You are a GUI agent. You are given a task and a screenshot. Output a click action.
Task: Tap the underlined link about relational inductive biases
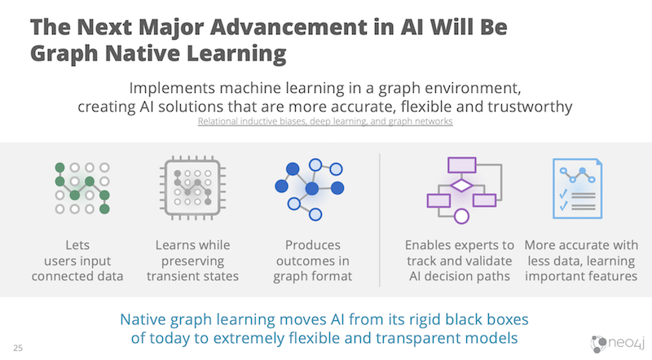pyautogui.click(x=325, y=121)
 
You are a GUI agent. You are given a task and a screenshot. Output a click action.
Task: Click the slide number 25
pyautogui.click(x=18, y=348)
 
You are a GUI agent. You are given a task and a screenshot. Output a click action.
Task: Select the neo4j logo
pyautogui.click(x=618, y=344)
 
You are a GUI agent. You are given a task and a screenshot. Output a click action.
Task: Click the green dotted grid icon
pyautogui.click(x=82, y=188)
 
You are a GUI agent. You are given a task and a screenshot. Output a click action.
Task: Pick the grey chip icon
pyautogui.click(x=192, y=188)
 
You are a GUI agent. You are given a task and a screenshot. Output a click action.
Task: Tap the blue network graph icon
pyautogui.click(x=310, y=189)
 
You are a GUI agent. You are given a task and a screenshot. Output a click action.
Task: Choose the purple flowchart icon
pyautogui.click(x=465, y=190)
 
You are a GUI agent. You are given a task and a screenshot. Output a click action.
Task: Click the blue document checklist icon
pyautogui.click(x=577, y=188)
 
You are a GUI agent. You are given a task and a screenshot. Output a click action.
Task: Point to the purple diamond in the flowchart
pyautogui.click(x=461, y=186)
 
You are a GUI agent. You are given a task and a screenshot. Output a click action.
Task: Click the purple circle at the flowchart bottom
pyautogui.click(x=461, y=216)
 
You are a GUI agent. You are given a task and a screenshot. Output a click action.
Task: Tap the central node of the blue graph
pyautogui.click(x=312, y=189)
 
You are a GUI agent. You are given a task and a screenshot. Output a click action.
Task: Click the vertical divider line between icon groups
pyautogui.click(x=380, y=220)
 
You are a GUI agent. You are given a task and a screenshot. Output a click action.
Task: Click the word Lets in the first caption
pyautogui.click(x=77, y=245)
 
